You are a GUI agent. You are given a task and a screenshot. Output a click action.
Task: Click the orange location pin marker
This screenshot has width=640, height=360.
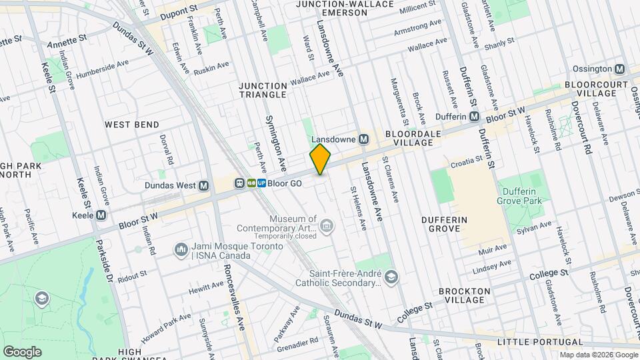coord(320,159)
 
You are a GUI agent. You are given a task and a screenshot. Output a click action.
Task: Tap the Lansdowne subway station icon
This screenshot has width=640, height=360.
coord(363,139)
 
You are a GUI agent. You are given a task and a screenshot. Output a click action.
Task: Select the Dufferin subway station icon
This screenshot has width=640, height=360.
coord(474,117)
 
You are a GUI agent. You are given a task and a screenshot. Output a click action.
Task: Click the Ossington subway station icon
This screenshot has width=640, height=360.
coord(620,69)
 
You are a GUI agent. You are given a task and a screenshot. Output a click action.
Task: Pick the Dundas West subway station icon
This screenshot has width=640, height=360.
coord(204,185)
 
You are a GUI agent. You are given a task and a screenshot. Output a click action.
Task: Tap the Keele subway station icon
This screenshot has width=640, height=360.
coord(101,215)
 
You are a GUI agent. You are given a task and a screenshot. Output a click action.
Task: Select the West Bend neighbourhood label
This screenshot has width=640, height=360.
coord(132,125)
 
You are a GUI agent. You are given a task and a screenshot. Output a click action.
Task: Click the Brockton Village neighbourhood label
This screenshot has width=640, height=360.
coord(465,295)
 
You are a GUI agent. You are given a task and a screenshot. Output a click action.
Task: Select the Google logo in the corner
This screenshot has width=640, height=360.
coord(22,351)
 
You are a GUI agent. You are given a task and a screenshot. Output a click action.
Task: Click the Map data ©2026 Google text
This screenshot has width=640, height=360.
coord(597,354)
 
